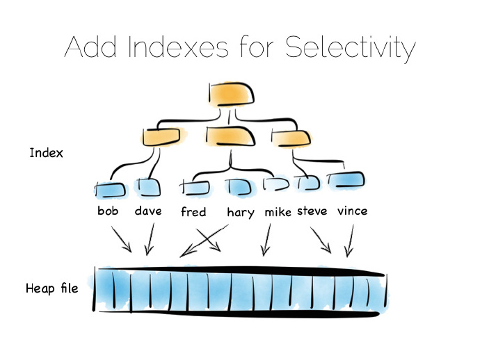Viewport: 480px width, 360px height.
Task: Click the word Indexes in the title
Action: [x=175, y=47]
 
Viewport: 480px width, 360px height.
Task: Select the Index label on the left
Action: [x=46, y=153]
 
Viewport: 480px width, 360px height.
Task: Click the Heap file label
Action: [x=51, y=288]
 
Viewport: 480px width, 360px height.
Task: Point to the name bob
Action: [x=109, y=210]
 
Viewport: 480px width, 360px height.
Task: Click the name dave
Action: [x=148, y=210]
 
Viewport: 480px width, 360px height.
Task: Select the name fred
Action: [x=193, y=211]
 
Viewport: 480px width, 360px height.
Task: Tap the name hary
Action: [x=241, y=212]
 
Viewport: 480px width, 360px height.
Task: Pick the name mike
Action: [x=278, y=211]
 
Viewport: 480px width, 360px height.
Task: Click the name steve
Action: [x=312, y=210]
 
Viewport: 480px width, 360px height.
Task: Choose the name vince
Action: [x=352, y=210]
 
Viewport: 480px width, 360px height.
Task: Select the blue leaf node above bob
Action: [x=110, y=188]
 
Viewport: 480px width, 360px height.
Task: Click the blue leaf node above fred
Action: [x=195, y=187]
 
